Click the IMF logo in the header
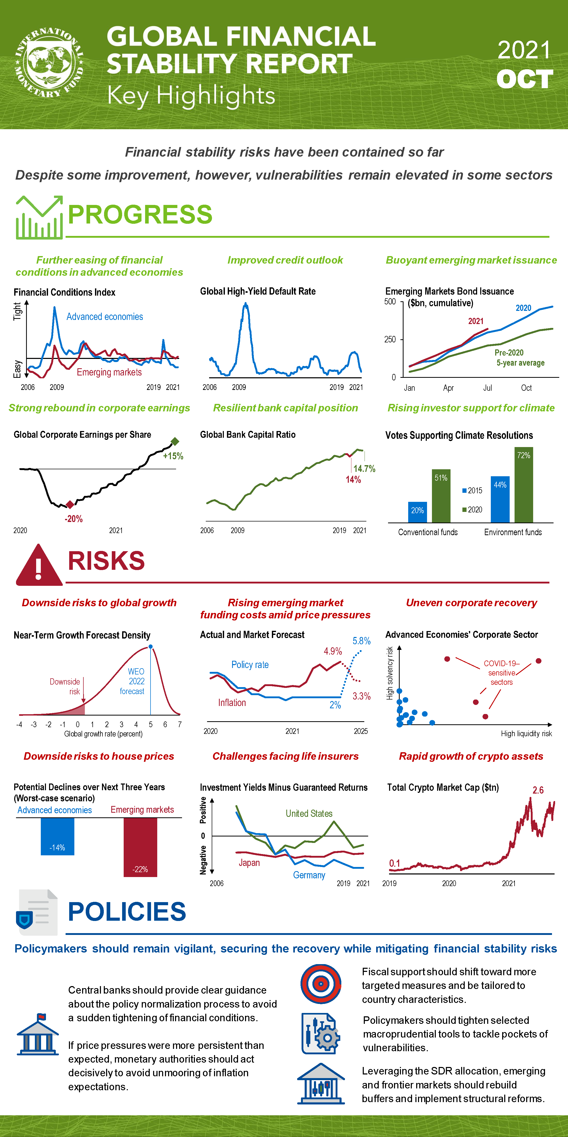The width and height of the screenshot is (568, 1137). (49, 63)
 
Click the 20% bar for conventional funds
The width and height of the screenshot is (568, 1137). (417, 512)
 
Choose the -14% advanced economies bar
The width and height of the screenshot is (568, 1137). (57, 836)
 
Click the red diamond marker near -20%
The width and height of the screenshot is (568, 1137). (70, 504)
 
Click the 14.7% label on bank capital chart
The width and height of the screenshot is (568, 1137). (364, 469)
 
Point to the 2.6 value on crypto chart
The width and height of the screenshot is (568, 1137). (538, 790)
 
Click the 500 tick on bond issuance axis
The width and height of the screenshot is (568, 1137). (390, 302)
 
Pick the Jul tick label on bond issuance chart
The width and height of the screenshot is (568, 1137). (487, 388)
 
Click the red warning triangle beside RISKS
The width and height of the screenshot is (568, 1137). (39, 566)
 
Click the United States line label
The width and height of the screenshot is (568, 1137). (309, 813)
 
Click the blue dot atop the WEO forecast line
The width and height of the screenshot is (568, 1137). (151, 647)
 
